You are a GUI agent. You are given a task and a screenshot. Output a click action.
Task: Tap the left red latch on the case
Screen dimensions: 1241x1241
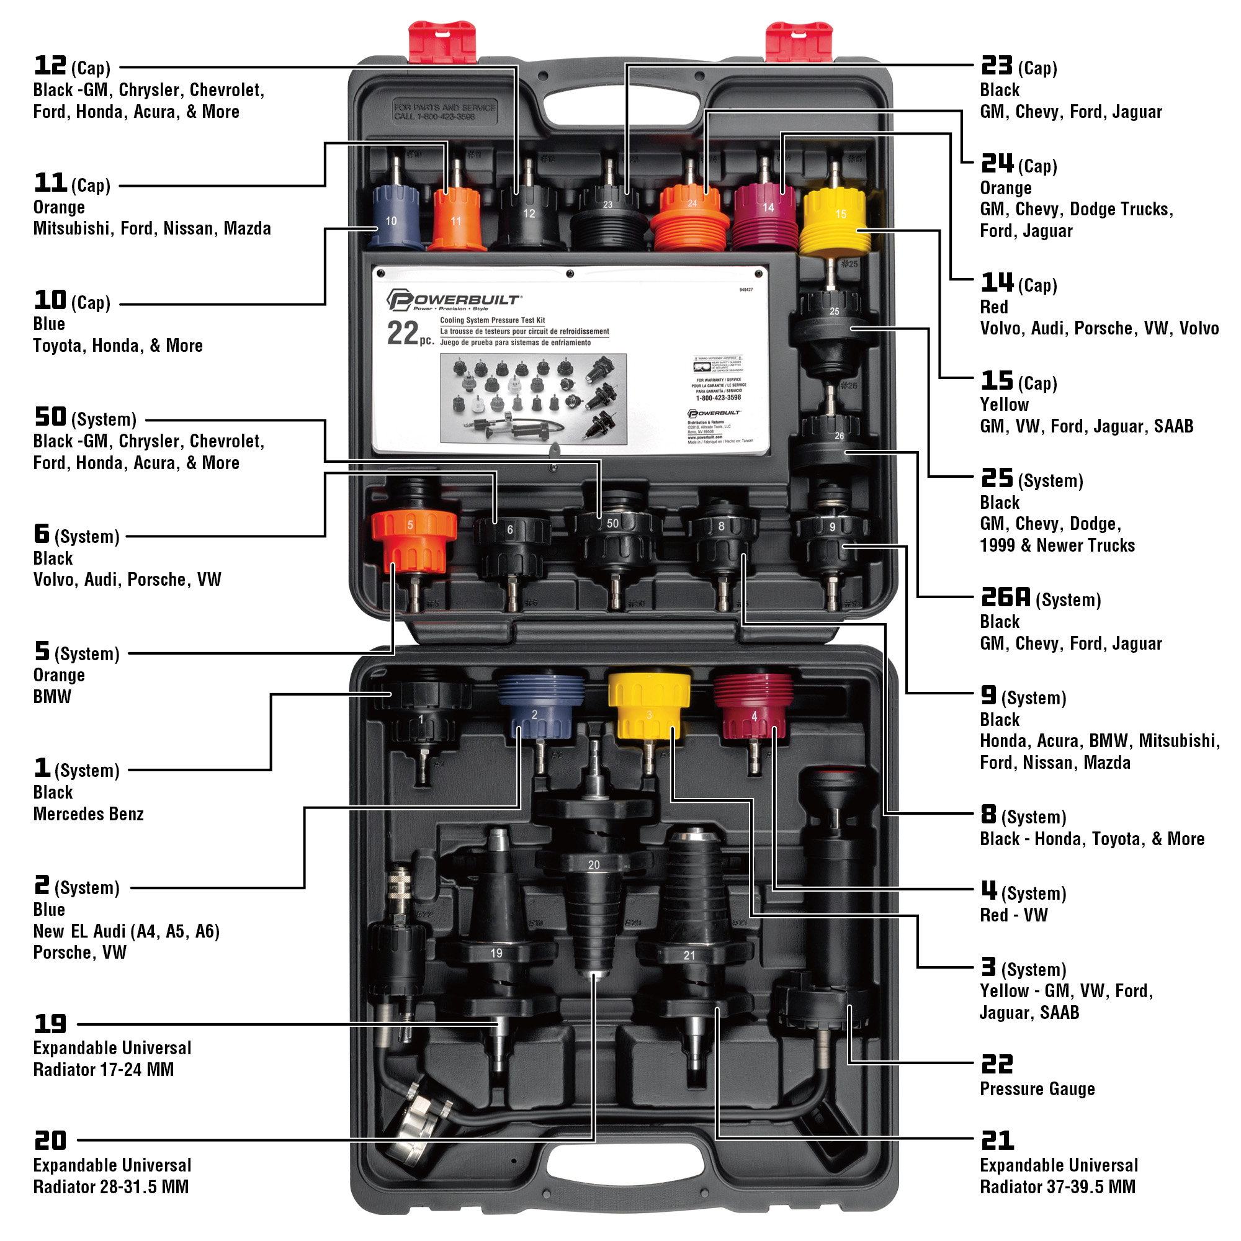pos(442,42)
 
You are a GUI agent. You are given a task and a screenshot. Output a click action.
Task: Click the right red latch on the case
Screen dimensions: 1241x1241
pos(799,42)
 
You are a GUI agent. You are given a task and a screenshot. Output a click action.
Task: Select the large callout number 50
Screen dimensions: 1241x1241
pos(50,417)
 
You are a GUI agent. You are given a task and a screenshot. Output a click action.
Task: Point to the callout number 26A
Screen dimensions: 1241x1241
pos(1005,598)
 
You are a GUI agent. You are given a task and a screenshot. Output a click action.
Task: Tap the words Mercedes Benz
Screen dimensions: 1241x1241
pos(88,814)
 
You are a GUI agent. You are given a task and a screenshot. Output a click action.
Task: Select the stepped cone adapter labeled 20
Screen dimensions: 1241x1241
pos(594,899)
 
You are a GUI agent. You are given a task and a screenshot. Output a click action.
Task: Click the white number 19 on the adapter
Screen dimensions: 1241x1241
pos(496,953)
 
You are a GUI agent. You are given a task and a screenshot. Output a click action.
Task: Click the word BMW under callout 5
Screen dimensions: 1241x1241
pos(52,697)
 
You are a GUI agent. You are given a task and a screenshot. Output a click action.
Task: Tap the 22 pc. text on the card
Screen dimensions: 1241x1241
pos(410,334)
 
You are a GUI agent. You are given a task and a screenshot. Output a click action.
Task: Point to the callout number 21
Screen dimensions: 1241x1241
pos(997,1141)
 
